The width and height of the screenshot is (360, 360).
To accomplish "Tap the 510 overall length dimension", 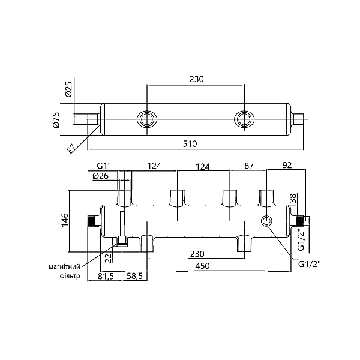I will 190,144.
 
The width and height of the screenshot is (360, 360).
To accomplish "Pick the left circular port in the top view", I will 146,119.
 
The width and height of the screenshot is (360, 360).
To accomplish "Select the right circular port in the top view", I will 244,119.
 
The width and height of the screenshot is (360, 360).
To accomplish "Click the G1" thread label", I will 104,166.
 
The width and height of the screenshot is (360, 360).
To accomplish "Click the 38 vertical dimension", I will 293,198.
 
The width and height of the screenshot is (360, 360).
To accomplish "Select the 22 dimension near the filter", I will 108,258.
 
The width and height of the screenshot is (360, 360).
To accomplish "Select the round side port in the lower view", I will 267,222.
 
